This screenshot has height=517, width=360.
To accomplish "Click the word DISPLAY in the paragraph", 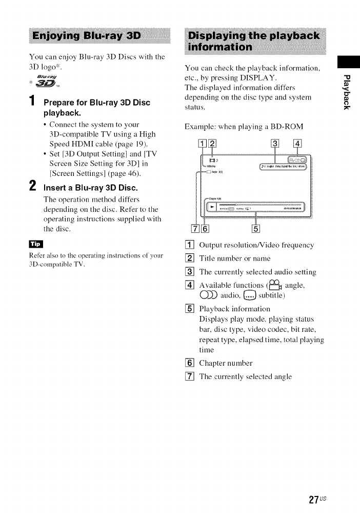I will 259,77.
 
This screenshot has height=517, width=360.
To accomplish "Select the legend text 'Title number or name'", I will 234,258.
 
